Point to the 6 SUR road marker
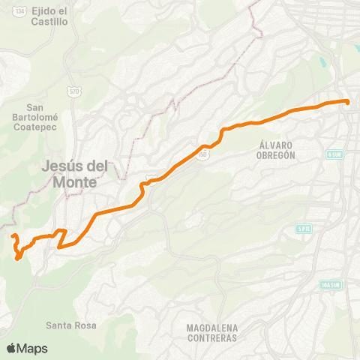(334, 154)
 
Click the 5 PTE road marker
(304, 228)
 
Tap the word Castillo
(50, 22)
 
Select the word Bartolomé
(31, 117)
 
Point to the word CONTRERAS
(214, 338)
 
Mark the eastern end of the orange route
(348, 101)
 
